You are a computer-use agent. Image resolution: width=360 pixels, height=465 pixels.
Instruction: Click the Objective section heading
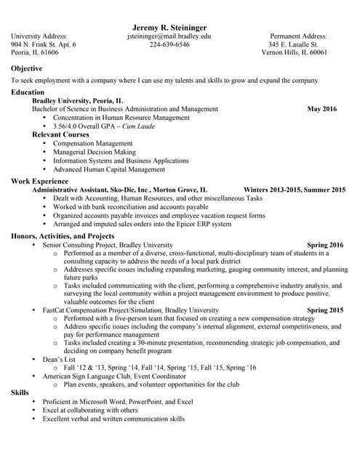coord(26,68)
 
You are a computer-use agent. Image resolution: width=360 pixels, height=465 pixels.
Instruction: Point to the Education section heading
coord(28,92)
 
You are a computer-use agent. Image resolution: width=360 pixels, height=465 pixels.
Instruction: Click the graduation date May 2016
coord(322,109)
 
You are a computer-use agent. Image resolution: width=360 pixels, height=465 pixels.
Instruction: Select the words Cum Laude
coord(138,126)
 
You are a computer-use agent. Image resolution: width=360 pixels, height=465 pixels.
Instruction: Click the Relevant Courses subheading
coord(60,134)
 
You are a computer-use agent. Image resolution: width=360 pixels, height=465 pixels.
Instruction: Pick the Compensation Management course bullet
coord(93,144)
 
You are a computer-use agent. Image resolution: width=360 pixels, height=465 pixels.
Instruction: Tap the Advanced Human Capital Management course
coord(109,170)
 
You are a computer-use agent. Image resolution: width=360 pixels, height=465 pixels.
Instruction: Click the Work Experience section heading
coord(39,180)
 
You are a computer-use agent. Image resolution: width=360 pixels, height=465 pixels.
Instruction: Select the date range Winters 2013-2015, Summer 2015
coord(295,189)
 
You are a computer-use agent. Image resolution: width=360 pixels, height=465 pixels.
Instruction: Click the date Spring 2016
coord(325,246)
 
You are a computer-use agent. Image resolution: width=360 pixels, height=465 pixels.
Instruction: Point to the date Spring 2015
coord(325,310)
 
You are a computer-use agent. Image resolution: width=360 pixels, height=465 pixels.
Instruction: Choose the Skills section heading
coord(20,392)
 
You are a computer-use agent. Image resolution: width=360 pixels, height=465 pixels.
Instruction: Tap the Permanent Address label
coord(298,36)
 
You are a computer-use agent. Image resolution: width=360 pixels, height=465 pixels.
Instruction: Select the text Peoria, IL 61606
coord(35,53)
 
